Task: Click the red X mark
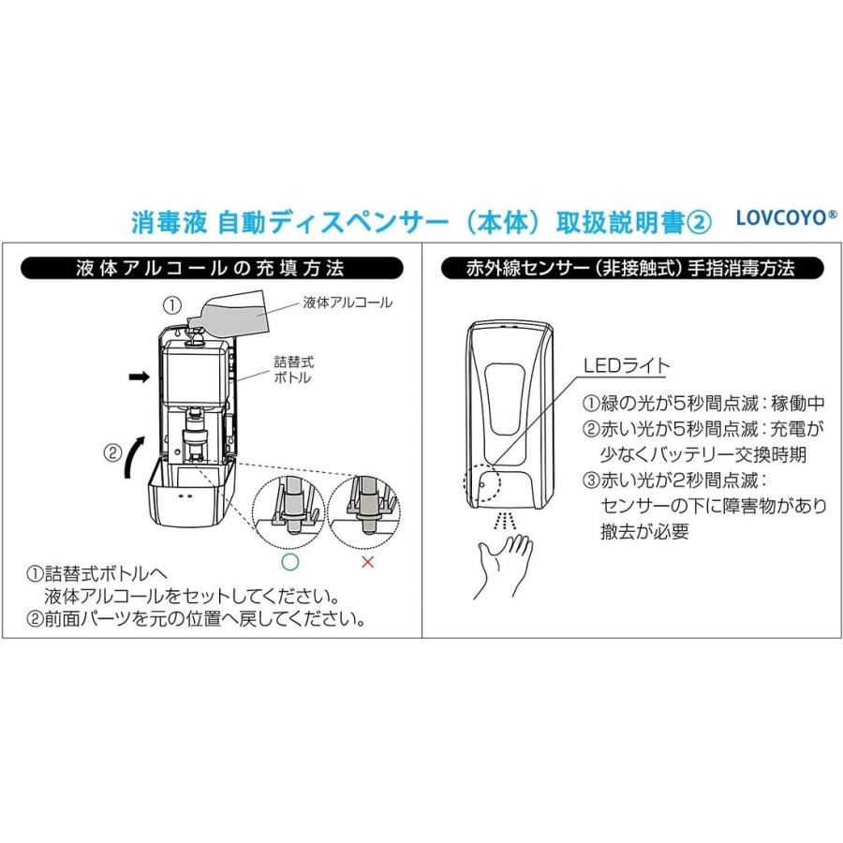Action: click(367, 562)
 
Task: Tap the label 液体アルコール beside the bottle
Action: click(348, 303)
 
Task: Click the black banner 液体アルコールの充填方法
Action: click(210, 268)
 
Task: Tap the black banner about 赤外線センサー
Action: click(630, 268)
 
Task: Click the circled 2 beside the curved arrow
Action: click(111, 451)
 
